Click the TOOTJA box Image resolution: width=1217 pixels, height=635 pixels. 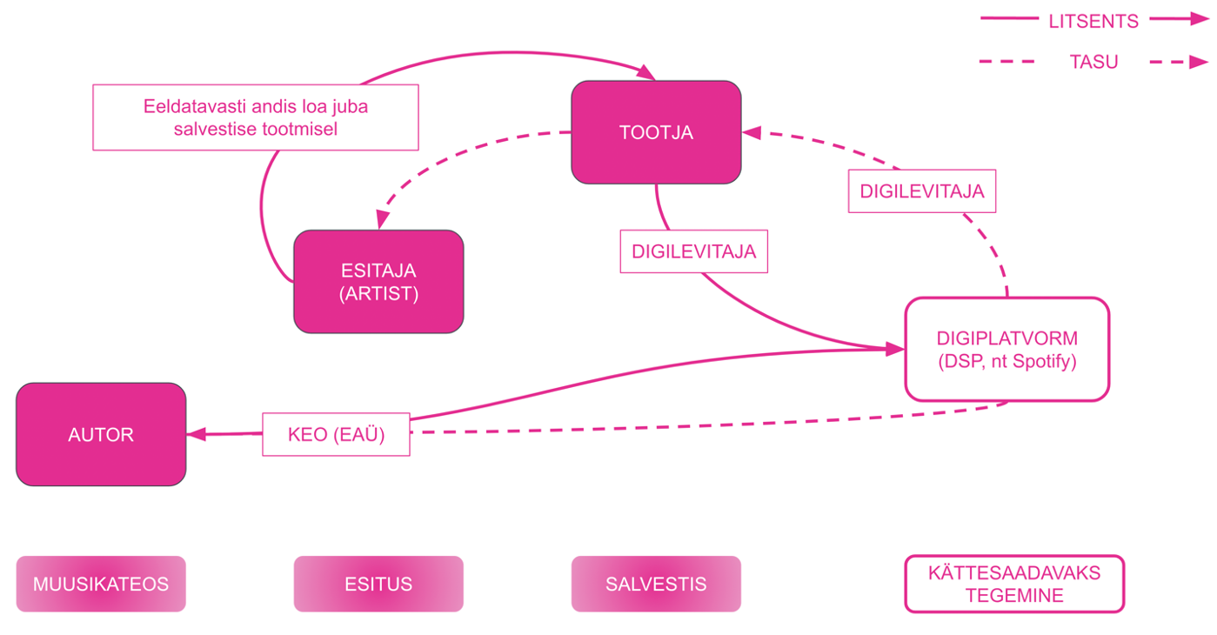coord(656,132)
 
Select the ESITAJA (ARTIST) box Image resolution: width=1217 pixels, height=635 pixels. coord(378,281)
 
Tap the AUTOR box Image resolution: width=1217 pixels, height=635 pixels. coord(101,434)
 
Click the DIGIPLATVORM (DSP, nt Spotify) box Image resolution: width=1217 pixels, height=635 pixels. coord(1006,349)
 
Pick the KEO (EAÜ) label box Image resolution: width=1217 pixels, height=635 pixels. coord(336,434)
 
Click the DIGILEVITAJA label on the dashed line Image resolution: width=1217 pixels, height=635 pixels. coord(921,191)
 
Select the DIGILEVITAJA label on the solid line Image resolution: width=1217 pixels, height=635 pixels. coord(693,251)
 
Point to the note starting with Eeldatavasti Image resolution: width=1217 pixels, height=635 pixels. coord(256,117)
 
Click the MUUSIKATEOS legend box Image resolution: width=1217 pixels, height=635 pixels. coord(101,584)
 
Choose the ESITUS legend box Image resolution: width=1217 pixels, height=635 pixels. coord(378,584)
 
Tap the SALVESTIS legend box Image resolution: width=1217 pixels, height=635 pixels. coord(656,584)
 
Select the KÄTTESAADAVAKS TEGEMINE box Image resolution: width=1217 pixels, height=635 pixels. coord(1014,584)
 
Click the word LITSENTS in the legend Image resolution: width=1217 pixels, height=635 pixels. coord(1093,21)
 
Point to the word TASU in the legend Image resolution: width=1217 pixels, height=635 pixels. coord(1093,62)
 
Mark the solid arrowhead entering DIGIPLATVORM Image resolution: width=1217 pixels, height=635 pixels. coord(895,349)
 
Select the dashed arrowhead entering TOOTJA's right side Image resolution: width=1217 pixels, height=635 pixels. coord(752,133)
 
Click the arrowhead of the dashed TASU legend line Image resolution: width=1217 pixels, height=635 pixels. coord(1199,62)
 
